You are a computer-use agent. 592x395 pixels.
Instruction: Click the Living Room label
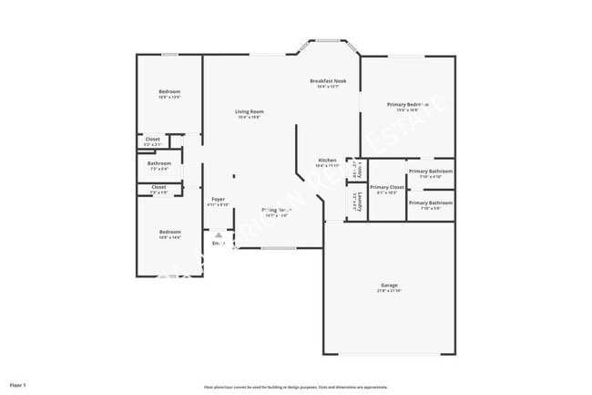tap(250, 111)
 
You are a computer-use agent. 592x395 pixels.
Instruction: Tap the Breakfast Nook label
tap(328, 80)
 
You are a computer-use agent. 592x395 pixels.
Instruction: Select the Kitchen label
tap(327, 161)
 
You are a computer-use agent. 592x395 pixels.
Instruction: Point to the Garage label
tap(389, 285)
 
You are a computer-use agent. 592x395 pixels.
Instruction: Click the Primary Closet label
tap(387, 187)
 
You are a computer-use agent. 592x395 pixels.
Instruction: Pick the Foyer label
tap(218, 199)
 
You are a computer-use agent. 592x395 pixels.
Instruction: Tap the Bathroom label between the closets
tap(158, 164)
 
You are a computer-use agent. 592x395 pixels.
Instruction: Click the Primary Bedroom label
tap(407, 104)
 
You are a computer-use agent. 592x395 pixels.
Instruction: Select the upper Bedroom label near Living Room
tap(169, 91)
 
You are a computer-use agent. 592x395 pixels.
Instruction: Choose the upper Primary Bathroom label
tap(430, 172)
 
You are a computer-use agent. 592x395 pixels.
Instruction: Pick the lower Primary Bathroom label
tap(430, 203)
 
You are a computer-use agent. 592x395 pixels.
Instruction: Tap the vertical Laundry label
tap(361, 200)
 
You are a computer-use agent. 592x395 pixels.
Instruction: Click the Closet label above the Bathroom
tap(153, 140)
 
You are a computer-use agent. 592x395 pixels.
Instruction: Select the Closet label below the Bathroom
tap(158, 187)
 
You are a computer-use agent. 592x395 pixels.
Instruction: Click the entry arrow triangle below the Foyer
tap(218, 234)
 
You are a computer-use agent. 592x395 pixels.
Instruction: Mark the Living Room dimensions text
tap(250, 117)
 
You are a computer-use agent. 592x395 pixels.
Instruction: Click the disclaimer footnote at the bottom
tap(296, 387)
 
